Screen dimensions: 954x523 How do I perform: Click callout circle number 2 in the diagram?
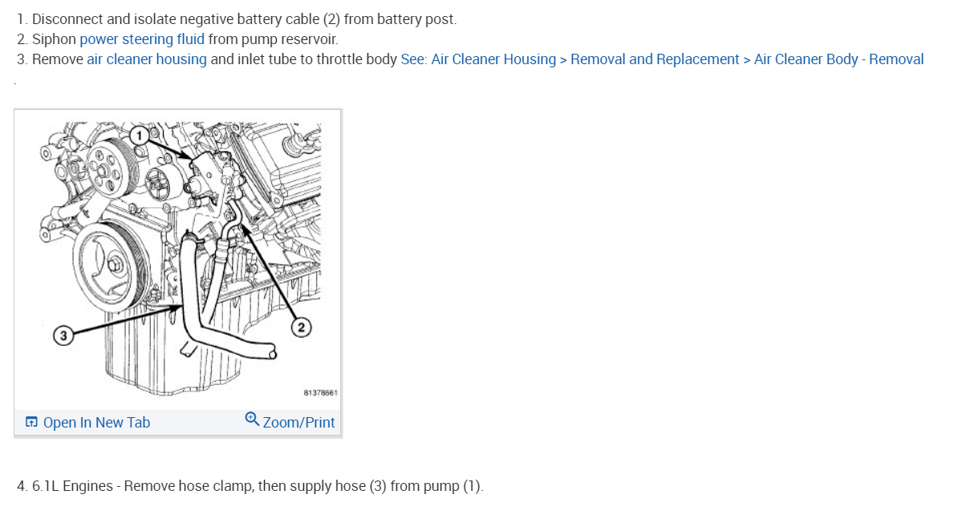coord(302,326)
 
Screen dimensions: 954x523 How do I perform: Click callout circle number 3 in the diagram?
coord(61,334)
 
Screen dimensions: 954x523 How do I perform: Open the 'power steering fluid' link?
coord(142,39)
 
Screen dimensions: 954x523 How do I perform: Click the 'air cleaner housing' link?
coord(147,59)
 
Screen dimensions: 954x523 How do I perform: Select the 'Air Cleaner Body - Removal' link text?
coord(838,59)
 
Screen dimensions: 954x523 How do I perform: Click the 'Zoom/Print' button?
coord(298,423)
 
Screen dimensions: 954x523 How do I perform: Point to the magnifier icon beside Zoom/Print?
coord(252,420)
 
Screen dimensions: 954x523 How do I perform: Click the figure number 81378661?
coord(320,393)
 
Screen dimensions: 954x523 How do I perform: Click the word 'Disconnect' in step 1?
coord(67,19)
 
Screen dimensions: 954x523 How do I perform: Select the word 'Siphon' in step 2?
coord(54,39)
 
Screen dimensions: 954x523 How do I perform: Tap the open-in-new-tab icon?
coord(31,423)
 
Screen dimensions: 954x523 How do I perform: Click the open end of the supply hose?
coord(272,351)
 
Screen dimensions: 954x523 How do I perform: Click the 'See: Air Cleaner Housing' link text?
coord(478,59)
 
